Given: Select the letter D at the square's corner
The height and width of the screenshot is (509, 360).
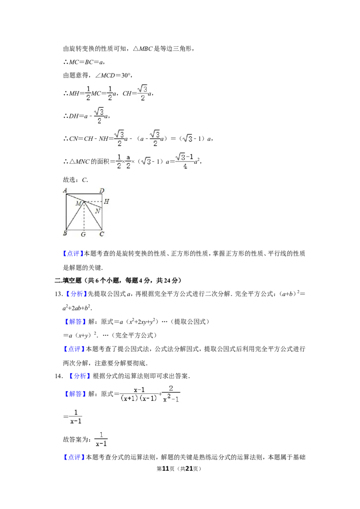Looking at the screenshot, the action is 102,191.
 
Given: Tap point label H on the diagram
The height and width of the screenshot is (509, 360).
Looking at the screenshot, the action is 107,202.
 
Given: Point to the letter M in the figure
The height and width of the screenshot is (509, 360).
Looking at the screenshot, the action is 78,204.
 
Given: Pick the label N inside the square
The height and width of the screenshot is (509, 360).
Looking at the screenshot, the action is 98,210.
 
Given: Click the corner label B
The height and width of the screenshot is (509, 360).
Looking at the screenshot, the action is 65,234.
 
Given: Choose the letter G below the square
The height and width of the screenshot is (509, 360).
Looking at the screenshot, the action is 84,234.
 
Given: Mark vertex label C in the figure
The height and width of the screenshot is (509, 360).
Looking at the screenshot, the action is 102,234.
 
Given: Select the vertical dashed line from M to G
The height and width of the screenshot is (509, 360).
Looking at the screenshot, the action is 84,218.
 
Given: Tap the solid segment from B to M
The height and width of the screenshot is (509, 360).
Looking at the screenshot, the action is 75,216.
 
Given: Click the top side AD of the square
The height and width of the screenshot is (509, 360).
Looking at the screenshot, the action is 84,194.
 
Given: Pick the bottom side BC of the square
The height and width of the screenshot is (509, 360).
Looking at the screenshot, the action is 84,230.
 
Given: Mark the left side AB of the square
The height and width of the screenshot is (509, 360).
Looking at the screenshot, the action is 66,211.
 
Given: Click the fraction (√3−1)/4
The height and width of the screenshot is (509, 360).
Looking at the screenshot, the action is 184,161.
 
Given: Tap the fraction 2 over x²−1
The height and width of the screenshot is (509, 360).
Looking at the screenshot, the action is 171,393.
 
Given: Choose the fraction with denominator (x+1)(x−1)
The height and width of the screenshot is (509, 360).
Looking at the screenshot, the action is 139,394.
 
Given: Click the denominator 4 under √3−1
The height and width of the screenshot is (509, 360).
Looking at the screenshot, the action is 185,166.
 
